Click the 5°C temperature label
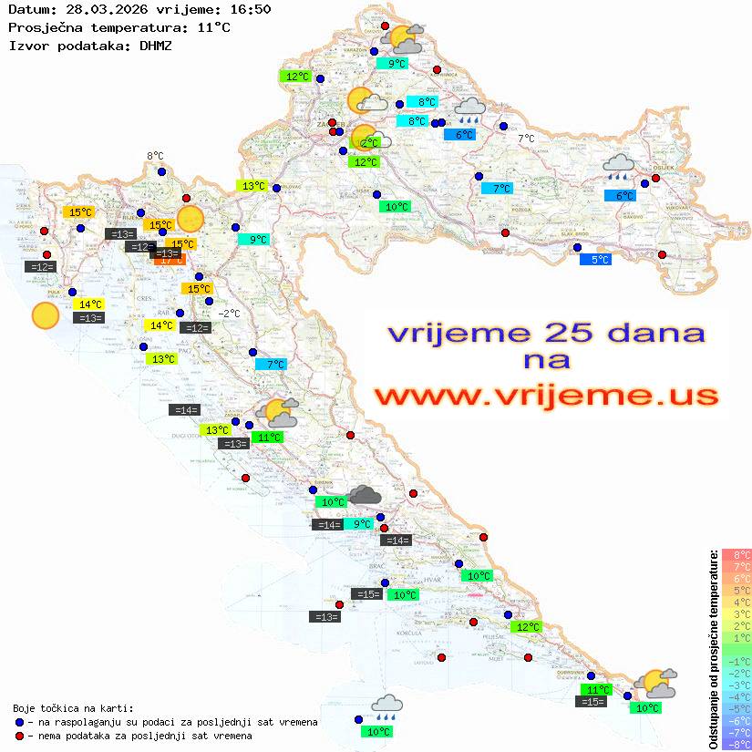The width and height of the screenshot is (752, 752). tap(596, 260)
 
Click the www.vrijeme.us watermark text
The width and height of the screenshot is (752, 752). tap(547, 396)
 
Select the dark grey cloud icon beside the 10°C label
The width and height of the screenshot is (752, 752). tap(365, 495)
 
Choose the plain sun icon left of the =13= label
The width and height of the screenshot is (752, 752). tap(45, 315)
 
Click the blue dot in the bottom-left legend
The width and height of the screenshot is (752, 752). tap(20, 722)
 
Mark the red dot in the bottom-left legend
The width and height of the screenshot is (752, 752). tap(20, 736)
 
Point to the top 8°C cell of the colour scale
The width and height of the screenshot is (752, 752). tap(736, 555)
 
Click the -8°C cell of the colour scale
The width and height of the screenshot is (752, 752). tap(736, 745)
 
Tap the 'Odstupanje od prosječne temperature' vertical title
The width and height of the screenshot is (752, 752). tap(713, 649)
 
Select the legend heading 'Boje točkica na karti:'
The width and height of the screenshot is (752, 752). tap(73, 707)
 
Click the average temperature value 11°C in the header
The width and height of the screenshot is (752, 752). tap(213, 27)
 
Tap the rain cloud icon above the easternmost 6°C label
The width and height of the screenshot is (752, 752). tap(620, 166)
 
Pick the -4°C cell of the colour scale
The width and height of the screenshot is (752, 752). tap(736, 697)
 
